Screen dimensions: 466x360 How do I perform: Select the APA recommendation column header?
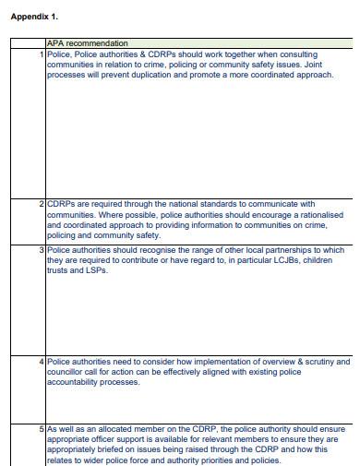(87, 43)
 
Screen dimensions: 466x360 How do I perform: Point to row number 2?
(42, 203)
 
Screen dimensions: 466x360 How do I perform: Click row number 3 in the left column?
(42, 249)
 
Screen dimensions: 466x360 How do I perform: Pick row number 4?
(42, 361)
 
